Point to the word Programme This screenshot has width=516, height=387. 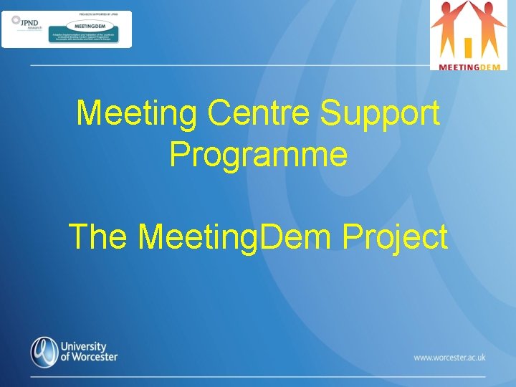258,153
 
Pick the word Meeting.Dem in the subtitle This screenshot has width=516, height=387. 239,237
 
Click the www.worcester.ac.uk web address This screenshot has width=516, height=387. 449,357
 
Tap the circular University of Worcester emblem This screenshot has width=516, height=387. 44,351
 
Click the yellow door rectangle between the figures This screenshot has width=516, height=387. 468,47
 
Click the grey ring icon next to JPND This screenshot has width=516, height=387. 16,20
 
